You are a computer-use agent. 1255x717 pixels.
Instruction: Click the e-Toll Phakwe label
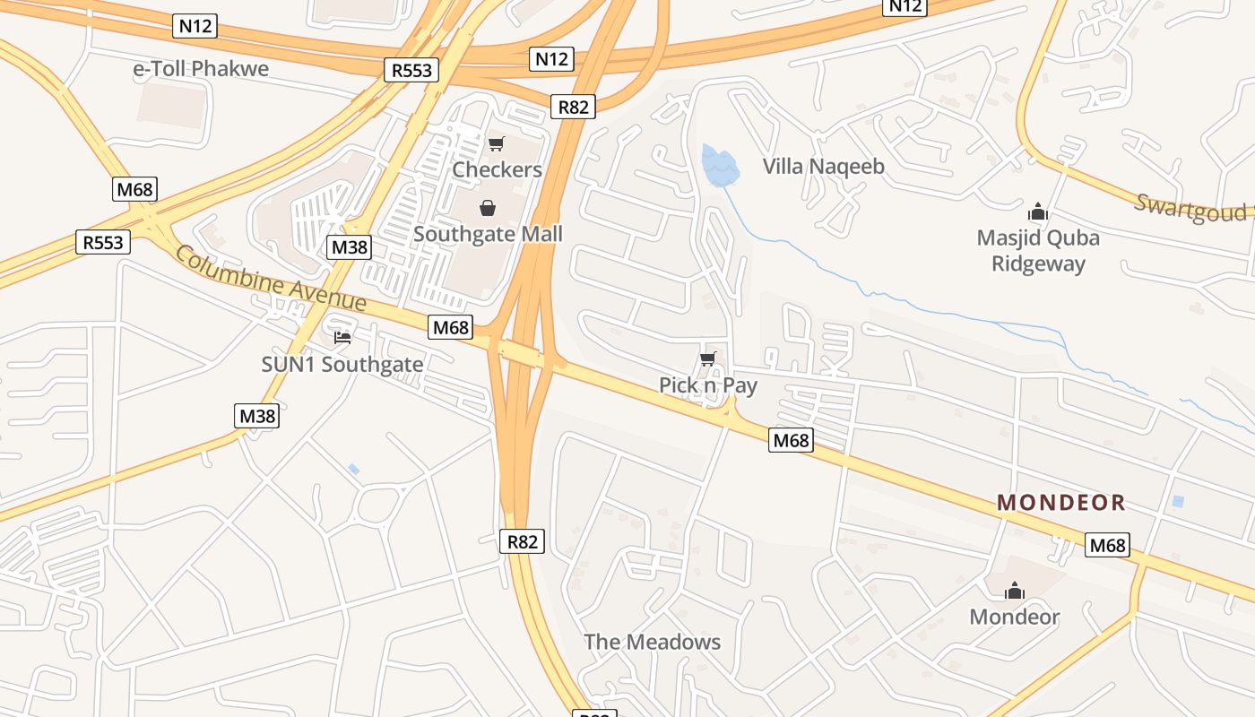point(201,69)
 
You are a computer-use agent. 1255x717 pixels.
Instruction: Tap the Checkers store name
point(497,169)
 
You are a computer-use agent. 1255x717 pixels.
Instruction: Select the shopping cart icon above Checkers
point(496,143)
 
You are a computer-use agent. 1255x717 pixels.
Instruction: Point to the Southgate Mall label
point(488,234)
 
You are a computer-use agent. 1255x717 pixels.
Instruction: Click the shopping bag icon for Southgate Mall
point(487,209)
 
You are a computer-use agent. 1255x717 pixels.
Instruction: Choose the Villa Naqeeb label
point(823,166)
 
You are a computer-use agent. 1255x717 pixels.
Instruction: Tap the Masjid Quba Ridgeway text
point(1038,251)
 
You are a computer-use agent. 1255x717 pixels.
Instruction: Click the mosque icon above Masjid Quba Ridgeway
point(1038,212)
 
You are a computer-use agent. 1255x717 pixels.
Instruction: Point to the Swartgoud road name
point(1190,207)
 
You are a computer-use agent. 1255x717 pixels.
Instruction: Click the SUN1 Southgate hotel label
point(342,365)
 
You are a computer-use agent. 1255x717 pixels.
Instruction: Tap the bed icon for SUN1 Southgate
point(342,337)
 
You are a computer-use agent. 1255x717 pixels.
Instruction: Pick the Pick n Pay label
point(708,385)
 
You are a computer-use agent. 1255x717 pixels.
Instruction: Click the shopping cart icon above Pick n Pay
point(708,359)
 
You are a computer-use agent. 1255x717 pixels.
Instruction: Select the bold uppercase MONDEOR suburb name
point(1060,503)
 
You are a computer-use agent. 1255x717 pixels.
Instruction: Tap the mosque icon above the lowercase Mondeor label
point(1015,591)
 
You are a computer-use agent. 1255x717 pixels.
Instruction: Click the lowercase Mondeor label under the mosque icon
point(1015,617)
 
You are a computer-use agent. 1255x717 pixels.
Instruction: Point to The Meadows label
point(653,642)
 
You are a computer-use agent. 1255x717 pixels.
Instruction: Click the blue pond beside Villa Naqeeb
point(720,167)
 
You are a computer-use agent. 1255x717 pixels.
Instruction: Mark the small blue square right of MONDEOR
point(1178,501)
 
